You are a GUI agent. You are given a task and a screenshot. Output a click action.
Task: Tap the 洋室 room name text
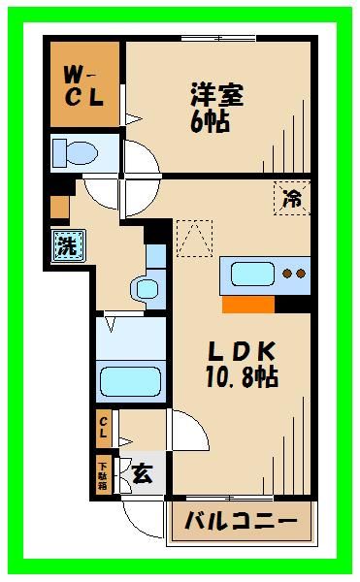(x=215, y=96)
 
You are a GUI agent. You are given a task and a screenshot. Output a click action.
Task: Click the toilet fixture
(x=77, y=153)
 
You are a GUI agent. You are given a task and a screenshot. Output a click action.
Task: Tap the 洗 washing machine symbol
(x=67, y=246)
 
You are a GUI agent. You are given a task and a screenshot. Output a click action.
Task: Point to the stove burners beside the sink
(x=294, y=273)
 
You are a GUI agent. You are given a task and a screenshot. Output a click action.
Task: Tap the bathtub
(x=131, y=381)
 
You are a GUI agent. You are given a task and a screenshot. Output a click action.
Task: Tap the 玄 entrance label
(x=142, y=474)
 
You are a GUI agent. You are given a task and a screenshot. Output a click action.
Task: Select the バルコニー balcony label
(x=242, y=522)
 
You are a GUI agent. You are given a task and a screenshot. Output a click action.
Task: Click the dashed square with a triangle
(x=193, y=238)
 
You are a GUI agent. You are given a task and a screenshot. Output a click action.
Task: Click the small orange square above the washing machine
(x=60, y=206)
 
